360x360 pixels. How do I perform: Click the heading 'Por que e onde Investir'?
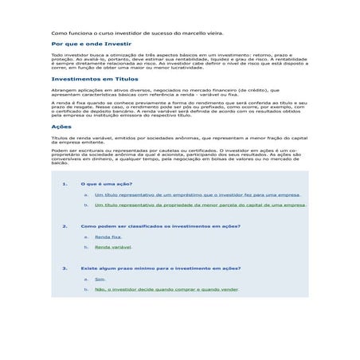[91, 45]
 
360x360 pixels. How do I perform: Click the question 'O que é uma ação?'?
[107, 184]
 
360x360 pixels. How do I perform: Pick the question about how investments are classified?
[160, 226]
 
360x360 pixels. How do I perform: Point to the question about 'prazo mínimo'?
[160, 268]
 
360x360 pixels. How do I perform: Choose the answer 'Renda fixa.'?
[108, 237]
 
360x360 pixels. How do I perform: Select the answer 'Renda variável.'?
[113, 247]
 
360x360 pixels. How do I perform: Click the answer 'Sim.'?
[100, 279]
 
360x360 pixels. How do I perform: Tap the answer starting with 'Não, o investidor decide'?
[166, 289]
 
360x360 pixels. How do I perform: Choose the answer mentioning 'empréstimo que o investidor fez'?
[197, 194]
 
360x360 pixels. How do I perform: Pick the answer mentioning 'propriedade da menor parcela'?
[200, 205]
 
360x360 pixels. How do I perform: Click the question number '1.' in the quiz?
[65, 184]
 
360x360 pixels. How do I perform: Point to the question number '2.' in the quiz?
[65, 226]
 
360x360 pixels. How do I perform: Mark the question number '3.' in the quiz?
[65, 268]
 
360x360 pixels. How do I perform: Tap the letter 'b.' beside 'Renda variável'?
[85, 247]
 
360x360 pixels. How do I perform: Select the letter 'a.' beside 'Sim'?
[85, 279]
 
